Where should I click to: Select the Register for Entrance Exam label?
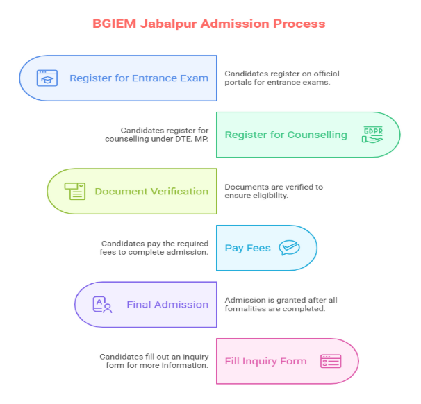point(139,78)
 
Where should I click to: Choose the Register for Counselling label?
point(286,135)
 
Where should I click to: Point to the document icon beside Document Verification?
point(74,192)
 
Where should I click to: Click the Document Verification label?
point(151,192)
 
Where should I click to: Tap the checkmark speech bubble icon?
point(289,248)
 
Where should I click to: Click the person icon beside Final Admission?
point(102,304)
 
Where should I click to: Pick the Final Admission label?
point(167,304)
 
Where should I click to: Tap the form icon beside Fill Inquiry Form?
point(331,361)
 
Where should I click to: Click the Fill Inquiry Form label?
point(265,361)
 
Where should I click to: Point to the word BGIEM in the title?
point(115,23)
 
